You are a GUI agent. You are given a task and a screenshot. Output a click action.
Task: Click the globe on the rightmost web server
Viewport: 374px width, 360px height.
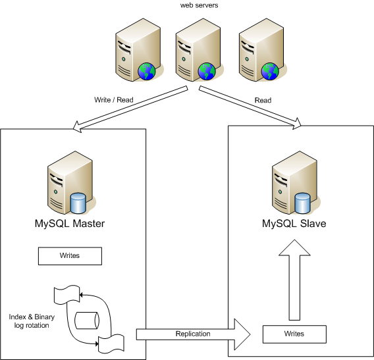click(269, 70)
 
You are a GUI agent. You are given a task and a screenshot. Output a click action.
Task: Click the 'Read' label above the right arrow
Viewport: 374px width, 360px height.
click(263, 101)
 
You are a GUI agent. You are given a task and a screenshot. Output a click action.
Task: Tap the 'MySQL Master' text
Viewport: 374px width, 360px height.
click(69, 224)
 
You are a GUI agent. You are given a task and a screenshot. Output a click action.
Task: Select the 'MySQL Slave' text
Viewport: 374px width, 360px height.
click(294, 224)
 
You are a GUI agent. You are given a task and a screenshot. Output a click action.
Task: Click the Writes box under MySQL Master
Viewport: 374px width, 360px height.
click(70, 255)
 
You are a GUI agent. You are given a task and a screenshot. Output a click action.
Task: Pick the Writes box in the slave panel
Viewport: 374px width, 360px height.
click(294, 334)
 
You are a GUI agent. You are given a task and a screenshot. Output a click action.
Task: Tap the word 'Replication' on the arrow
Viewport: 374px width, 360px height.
click(193, 334)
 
